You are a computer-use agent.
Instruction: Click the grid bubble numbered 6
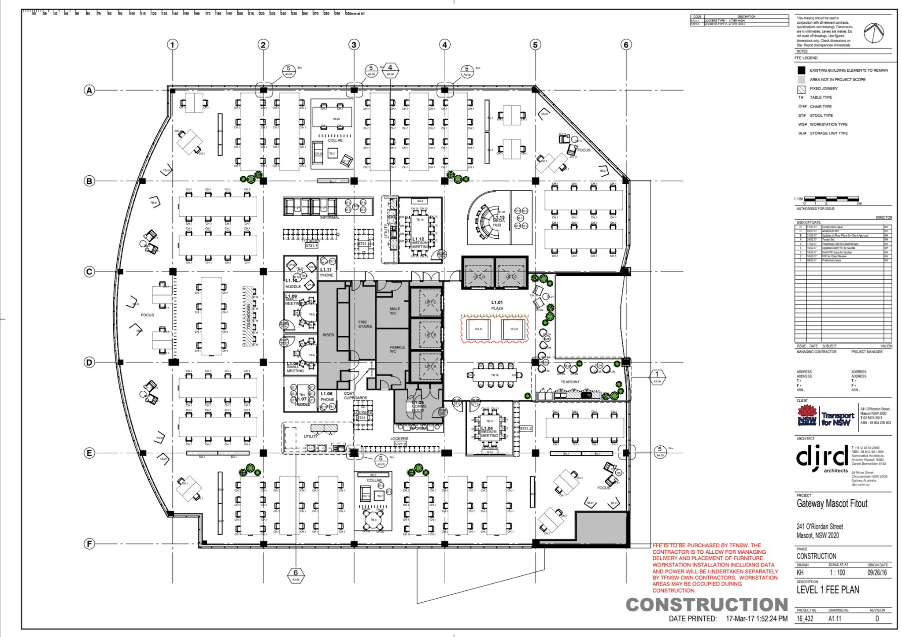pos(626,44)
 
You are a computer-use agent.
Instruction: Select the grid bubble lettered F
pos(89,544)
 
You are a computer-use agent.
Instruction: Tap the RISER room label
pos(328,335)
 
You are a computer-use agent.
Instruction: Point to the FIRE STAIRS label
pos(365,324)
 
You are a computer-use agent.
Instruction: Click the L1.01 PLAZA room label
pos(497,305)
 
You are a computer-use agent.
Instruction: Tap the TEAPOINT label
pos(570,382)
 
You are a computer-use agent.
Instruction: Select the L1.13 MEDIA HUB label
pos(498,221)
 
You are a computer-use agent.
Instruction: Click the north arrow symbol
pos(873,33)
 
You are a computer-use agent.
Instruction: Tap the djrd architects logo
pos(822,459)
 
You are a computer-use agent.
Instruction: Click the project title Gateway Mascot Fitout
pos(832,504)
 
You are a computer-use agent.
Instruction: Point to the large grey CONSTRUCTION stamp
pos(707,605)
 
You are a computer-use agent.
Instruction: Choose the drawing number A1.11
pos(835,618)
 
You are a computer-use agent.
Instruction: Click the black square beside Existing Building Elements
pos(801,70)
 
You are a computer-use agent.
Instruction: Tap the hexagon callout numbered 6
pos(296,574)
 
